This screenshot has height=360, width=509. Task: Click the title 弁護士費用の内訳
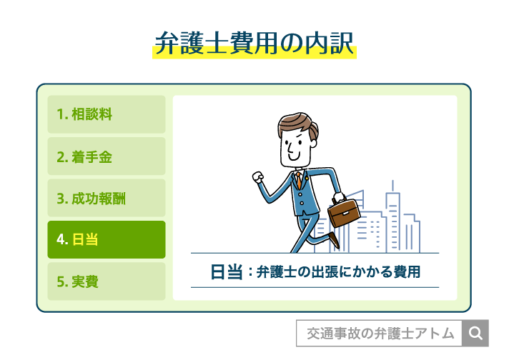click(x=254, y=44)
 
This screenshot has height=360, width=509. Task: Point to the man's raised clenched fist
click(x=258, y=178)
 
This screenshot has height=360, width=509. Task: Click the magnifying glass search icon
click(x=475, y=333)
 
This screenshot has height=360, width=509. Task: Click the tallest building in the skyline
click(x=393, y=214)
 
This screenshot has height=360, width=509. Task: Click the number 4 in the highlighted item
click(x=61, y=240)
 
